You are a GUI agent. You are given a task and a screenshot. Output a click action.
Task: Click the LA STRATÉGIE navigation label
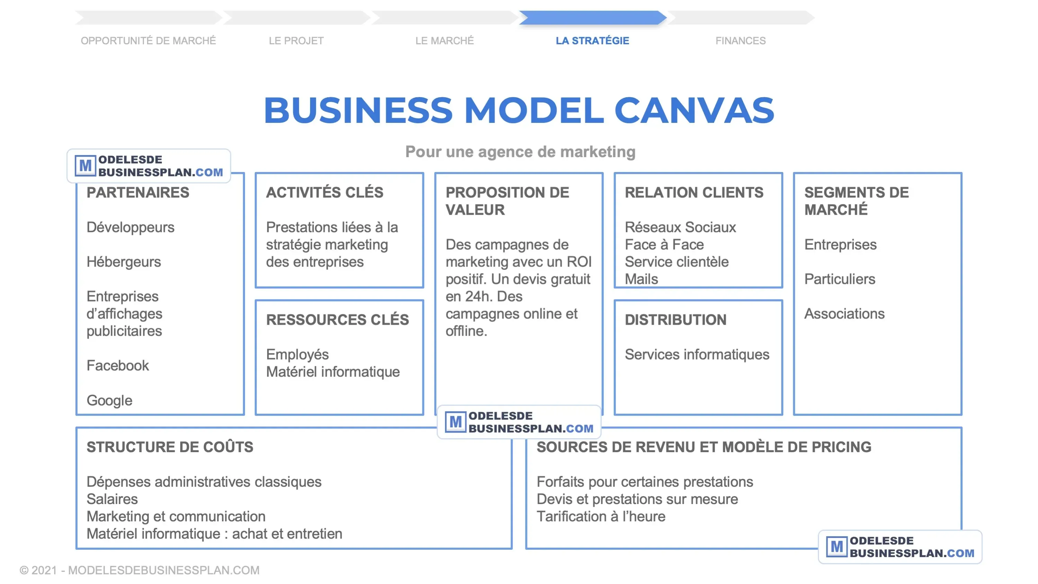[x=592, y=41]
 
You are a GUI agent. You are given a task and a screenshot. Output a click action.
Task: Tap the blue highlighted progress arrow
[x=592, y=17]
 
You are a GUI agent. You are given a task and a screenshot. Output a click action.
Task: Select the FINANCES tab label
[x=740, y=41]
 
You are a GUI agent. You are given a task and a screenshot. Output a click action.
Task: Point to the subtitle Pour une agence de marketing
[x=520, y=152]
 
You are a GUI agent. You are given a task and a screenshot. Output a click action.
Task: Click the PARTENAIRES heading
[x=138, y=193]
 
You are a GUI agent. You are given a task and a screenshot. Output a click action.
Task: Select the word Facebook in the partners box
[x=118, y=366]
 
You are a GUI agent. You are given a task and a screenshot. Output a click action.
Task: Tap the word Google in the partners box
[x=109, y=400]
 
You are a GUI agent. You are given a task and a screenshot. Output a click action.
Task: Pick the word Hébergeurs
[x=124, y=262]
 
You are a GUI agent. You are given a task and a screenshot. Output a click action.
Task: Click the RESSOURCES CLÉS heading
[x=337, y=320]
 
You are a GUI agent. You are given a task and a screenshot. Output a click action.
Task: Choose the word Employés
[x=297, y=355]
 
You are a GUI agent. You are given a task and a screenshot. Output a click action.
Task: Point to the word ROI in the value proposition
[x=579, y=262]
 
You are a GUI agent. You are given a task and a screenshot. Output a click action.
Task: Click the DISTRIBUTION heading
[x=675, y=320]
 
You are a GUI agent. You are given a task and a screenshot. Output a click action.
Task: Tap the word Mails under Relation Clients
[x=641, y=279]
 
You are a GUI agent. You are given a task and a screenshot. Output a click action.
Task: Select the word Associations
[x=844, y=314]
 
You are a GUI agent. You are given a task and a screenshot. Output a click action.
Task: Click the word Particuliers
[x=840, y=279]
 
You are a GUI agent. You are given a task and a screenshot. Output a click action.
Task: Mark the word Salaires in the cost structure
[x=112, y=500]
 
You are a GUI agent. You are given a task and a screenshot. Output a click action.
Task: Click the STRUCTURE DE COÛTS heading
[x=170, y=447]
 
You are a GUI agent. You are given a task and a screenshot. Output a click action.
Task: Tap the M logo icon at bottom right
[x=837, y=547]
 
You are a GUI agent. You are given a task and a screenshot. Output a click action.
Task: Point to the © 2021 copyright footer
[x=139, y=570]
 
